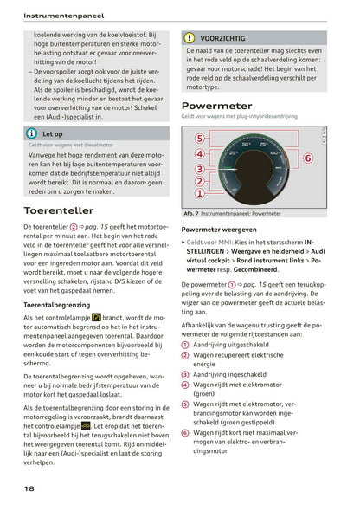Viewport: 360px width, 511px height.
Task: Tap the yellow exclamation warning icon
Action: pyautogui.click(x=190, y=38)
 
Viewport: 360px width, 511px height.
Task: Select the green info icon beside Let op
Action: pyautogui.click(x=31, y=134)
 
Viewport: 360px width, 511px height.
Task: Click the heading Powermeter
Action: pyautogui.click(x=216, y=106)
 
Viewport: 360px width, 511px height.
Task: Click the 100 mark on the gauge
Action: pyautogui.click(x=276, y=153)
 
